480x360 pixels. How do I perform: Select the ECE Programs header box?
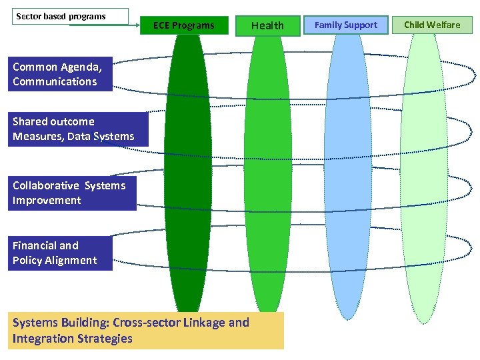tap(184, 25)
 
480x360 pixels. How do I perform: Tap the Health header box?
tap(267, 25)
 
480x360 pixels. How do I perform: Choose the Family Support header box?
tap(345, 25)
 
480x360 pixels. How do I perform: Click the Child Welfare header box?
tap(432, 25)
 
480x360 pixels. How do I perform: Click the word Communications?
tap(55, 82)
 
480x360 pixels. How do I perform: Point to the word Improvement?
tap(47, 201)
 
